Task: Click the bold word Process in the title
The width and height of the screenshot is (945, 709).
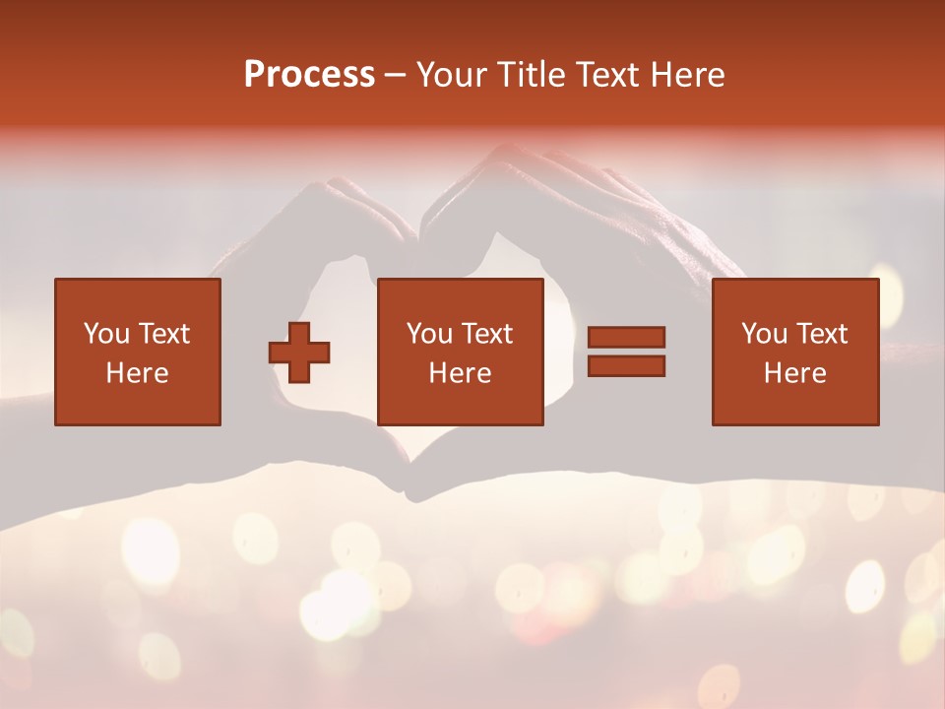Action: pos(309,75)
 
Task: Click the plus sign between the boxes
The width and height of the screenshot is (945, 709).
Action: pos(299,352)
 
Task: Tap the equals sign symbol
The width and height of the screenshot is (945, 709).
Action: pos(626,352)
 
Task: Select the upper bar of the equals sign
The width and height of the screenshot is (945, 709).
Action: pos(626,338)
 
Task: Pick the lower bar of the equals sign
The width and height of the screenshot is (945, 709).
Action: pos(626,365)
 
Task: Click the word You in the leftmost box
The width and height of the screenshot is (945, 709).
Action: pos(105,334)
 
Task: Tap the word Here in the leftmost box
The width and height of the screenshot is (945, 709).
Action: pos(138,373)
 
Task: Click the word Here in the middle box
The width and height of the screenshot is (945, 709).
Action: pos(461,373)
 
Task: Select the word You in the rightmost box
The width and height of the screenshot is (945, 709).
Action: pos(763,334)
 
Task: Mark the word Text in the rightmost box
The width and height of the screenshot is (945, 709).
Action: pos(821,334)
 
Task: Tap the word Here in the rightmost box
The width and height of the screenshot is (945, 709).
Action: pos(795,373)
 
